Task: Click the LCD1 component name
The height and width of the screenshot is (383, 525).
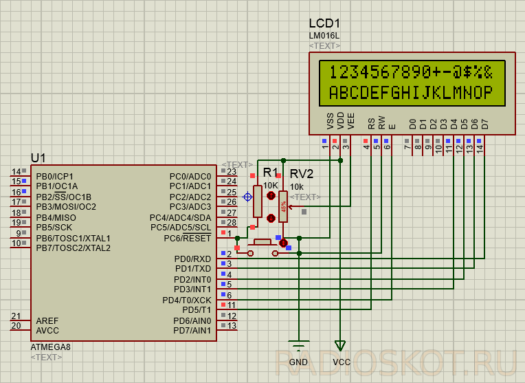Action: pos(324,23)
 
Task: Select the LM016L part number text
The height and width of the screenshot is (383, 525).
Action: pos(324,36)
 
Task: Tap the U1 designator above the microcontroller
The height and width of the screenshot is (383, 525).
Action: pos(38,158)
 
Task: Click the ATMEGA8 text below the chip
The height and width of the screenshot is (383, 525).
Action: pos(51,347)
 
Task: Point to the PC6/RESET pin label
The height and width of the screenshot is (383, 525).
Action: pos(187,238)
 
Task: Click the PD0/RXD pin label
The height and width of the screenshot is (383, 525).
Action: pos(192,259)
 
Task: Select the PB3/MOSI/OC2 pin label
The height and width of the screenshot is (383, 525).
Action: pos(66,207)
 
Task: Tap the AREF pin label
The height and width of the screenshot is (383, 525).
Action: pos(47,320)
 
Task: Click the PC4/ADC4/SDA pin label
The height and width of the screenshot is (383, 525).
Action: pos(180,218)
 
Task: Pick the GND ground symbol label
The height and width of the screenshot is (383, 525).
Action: pos(298,362)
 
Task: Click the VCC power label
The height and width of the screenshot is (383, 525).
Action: pos(342,362)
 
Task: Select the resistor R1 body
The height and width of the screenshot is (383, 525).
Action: pos(258,201)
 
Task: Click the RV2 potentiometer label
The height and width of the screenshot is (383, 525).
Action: pos(302,174)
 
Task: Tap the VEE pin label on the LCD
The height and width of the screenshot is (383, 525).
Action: pos(350,121)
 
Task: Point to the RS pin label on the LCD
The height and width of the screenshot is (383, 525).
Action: pos(371,124)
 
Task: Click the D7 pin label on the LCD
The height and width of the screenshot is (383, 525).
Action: pos(485,124)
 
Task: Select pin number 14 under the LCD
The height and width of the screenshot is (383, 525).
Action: pos(480,149)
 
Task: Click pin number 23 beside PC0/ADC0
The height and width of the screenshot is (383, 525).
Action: pos(232,172)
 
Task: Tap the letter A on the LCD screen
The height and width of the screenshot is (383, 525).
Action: pos(334,92)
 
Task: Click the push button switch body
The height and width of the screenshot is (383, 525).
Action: pos(262,242)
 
